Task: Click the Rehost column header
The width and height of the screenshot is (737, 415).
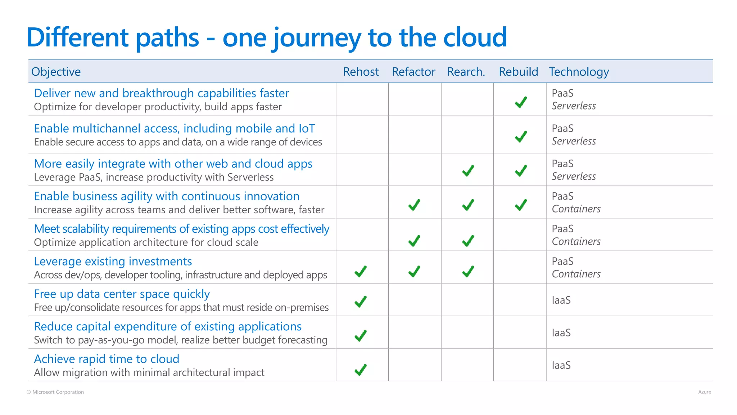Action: (x=361, y=72)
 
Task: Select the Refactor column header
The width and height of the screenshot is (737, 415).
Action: (x=413, y=72)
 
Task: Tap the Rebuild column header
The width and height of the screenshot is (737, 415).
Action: (x=518, y=72)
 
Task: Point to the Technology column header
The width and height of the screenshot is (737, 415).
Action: (x=579, y=72)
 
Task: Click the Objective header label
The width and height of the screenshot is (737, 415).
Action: (x=56, y=72)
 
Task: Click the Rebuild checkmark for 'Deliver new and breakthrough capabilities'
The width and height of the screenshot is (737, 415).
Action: (x=521, y=102)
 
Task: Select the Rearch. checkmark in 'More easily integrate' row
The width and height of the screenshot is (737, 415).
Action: (x=468, y=171)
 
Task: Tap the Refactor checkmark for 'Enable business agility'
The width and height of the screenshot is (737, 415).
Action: (x=414, y=205)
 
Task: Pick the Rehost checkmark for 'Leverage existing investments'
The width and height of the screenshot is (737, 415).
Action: (x=361, y=271)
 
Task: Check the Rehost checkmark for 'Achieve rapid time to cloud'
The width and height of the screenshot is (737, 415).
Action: (x=361, y=370)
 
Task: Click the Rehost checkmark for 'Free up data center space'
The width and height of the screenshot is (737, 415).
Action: (x=361, y=302)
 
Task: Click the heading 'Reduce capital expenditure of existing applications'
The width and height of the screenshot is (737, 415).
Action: (x=168, y=326)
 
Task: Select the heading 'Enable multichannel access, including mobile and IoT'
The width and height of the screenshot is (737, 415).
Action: (x=174, y=128)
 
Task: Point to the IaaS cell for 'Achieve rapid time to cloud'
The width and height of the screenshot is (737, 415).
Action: (x=561, y=365)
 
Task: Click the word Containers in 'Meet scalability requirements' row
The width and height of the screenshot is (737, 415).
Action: (x=576, y=241)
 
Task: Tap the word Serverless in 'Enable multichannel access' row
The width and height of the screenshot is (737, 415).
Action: (x=574, y=141)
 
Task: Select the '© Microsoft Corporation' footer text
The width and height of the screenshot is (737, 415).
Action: (x=55, y=392)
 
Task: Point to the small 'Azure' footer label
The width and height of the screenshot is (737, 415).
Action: (x=704, y=392)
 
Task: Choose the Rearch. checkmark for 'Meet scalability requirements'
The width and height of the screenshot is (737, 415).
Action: (x=468, y=241)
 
